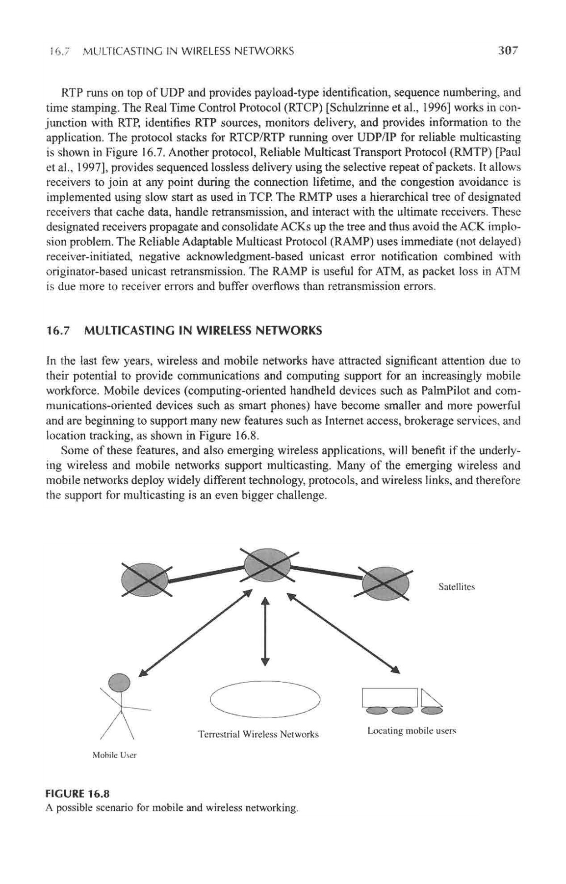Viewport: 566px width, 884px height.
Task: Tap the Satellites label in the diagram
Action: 456,586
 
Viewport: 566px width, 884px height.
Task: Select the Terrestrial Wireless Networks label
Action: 258,735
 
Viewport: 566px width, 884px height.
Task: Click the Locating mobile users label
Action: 412,731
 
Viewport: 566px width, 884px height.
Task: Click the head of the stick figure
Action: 119,682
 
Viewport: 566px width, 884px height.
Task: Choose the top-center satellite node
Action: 268,565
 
